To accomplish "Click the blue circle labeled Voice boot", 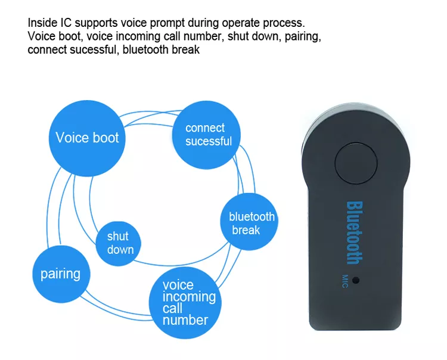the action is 87,138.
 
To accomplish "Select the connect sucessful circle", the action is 206,135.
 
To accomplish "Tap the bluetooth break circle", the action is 249,222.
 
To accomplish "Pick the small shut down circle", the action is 119,243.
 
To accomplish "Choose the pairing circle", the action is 61,274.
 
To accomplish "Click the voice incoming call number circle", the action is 185,303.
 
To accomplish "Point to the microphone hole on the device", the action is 355,280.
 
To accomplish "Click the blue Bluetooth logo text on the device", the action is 355,233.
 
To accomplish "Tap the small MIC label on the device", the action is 345,281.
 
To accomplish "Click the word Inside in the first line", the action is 42,23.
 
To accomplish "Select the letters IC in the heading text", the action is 66,23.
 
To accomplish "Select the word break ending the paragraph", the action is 185,49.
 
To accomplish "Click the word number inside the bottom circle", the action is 185,321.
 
